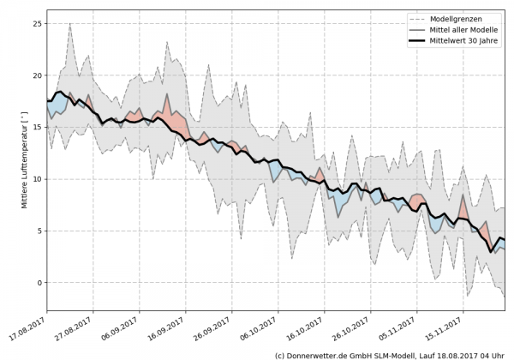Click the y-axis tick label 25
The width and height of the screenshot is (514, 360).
pos(36,23)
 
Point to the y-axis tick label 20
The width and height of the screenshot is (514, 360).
pos(36,75)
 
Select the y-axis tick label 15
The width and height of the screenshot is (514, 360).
pos(36,127)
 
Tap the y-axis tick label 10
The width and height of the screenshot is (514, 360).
pos(36,179)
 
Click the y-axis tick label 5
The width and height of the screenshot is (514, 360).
pos(39,231)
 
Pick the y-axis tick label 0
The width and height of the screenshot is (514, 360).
pos(39,283)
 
